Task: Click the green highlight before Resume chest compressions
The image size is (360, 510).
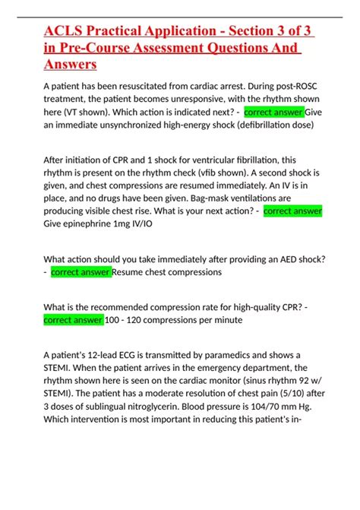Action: pos(81,272)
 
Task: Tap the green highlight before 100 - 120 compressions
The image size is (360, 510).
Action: pos(74,320)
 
